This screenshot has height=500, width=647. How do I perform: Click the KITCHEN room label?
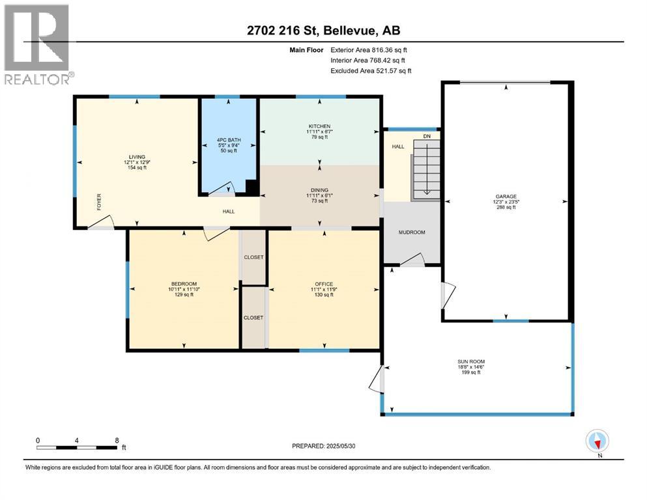pyautogui.click(x=319, y=126)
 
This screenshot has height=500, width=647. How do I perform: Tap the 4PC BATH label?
pyautogui.click(x=229, y=140)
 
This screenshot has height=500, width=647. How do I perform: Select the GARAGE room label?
pyautogui.click(x=506, y=197)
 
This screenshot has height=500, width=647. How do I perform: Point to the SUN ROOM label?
pyautogui.click(x=471, y=361)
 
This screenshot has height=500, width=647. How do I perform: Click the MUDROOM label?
pyautogui.click(x=412, y=232)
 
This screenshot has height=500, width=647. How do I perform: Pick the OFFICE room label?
pyautogui.click(x=324, y=284)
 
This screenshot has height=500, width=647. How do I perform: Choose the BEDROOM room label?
pyautogui.click(x=184, y=284)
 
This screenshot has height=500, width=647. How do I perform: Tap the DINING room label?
pyautogui.click(x=320, y=190)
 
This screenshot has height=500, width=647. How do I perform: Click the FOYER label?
pyautogui.click(x=99, y=202)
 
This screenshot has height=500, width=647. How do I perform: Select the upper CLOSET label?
pyautogui.click(x=253, y=257)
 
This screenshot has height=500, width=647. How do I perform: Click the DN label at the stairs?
pyautogui.click(x=427, y=136)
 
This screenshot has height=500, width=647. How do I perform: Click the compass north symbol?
pyautogui.click(x=597, y=441)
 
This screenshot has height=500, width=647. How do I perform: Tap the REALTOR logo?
pyautogui.click(x=38, y=44)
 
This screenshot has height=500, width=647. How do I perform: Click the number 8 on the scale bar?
pyautogui.click(x=117, y=440)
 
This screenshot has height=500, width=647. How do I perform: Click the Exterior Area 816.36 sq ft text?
pyautogui.click(x=369, y=50)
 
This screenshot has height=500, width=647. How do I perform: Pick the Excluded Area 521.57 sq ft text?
pyautogui.click(x=371, y=70)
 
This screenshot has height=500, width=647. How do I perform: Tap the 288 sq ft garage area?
pyautogui.click(x=506, y=207)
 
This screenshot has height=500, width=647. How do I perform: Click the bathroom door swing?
pyautogui.click(x=223, y=189)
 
